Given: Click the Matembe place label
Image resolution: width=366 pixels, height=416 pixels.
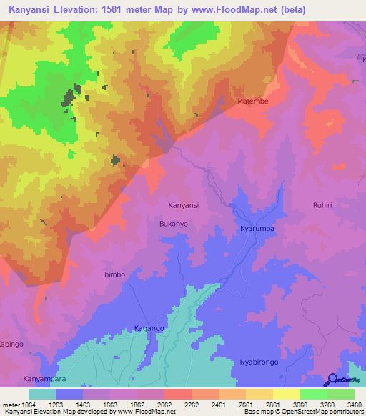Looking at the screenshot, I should [x=253, y=101].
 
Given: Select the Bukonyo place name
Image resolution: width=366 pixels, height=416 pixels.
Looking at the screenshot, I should [x=173, y=224].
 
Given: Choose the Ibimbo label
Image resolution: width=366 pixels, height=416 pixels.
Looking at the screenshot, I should [x=114, y=274].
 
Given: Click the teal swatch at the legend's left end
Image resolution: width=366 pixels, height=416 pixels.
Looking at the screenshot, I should [x=42, y=393].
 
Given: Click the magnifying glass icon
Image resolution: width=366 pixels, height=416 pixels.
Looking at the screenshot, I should [x=332, y=380].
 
